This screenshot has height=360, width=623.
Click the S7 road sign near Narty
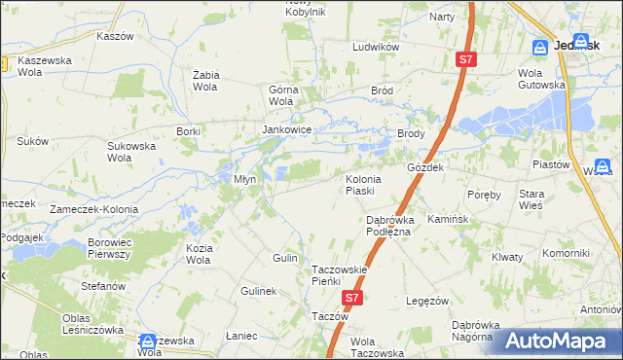(x=466, y=60)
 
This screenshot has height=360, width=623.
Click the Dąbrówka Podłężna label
(x=389, y=226)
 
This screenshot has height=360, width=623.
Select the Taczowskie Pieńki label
(x=338, y=274)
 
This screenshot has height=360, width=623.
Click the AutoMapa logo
(x=565, y=341)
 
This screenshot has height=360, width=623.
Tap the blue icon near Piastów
(x=603, y=166)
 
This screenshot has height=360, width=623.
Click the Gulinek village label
(x=259, y=291)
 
